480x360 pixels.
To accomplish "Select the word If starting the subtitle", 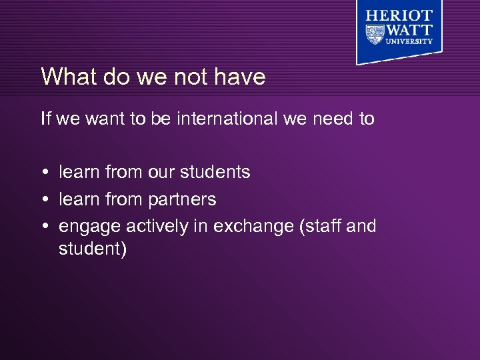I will (x=46, y=119).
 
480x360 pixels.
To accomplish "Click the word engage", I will (x=90, y=227).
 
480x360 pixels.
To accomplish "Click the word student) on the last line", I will (x=93, y=249).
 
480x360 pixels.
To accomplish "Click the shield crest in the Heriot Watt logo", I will (x=375, y=33).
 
